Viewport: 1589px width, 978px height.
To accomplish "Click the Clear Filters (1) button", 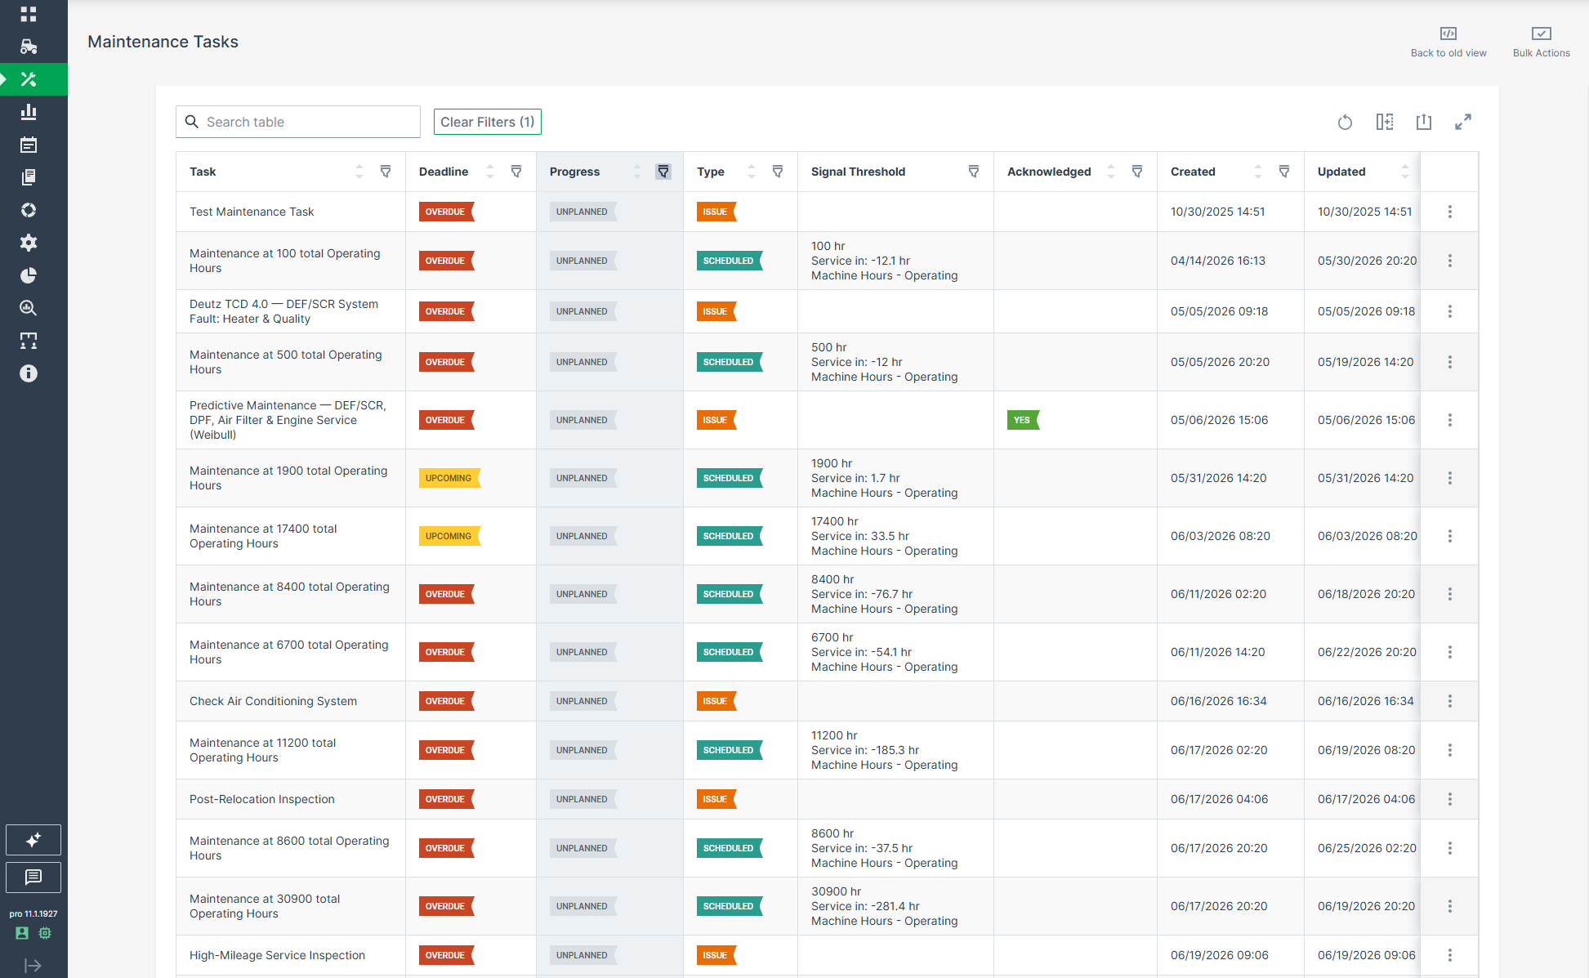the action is click(487, 122).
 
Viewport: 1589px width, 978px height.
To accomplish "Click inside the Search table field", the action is click(298, 122).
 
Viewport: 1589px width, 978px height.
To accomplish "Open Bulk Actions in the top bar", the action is click(1541, 42).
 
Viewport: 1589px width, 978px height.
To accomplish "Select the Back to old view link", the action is click(1448, 42).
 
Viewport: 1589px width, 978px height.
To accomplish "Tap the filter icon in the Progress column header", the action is click(663, 172).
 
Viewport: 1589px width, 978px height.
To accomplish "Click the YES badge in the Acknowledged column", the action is click(1023, 420).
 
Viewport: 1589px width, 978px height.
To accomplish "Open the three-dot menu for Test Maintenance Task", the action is click(1450, 212).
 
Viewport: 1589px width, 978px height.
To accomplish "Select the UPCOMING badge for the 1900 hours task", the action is click(449, 478).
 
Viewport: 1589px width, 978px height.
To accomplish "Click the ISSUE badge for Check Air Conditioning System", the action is click(716, 701).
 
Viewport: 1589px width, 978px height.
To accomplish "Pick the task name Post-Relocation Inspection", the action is click(262, 799).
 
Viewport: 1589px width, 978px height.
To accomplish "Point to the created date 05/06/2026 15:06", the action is click(1219, 420).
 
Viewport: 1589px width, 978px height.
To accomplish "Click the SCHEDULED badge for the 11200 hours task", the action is click(730, 750).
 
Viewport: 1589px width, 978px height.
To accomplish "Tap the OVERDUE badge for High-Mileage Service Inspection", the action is click(446, 955).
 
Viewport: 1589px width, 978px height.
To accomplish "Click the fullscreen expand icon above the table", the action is click(1463, 122).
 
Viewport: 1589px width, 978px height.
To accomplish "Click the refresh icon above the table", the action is click(1345, 122).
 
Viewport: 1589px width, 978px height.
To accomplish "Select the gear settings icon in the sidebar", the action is click(29, 243).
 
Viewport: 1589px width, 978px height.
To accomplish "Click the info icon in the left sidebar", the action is click(29, 373).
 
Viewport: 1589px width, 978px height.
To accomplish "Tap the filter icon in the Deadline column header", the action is click(516, 172).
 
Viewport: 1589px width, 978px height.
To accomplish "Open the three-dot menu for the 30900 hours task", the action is click(1450, 906).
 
